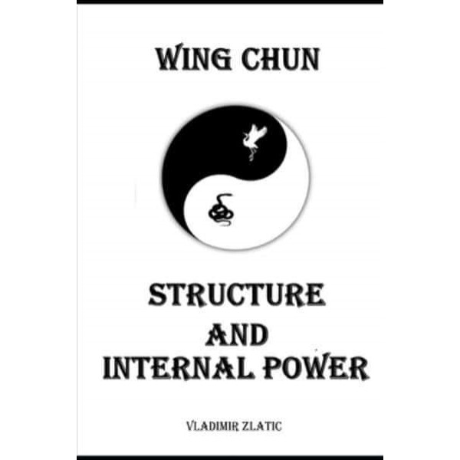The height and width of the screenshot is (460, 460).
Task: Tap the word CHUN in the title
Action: (x=281, y=60)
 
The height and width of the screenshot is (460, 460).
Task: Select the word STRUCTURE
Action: (x=237, y=295)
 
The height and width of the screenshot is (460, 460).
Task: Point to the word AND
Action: (x=237, y=335)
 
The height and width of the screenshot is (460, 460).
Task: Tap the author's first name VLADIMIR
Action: (x=212, y=426)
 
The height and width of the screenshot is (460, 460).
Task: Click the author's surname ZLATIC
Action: (x=261, y=426)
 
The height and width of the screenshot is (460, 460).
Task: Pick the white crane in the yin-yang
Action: (x=254, y=142)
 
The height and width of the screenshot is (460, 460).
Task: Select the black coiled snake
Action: (x=221, y=209)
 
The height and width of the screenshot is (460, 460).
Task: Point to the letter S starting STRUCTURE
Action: (x=158, y=295)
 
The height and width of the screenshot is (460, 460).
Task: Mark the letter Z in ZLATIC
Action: (x=245, y=426)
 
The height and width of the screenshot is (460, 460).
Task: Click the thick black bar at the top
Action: (x=230, y=2)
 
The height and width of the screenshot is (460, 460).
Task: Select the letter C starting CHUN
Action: (x=251, y=60)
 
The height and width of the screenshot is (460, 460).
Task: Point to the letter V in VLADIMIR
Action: (x=190, y=426)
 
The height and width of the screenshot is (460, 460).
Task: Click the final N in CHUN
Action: (x=309, y=60)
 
